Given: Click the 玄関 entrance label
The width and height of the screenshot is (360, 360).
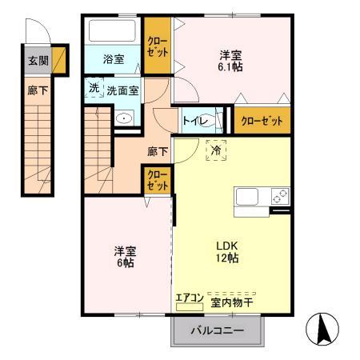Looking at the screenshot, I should (38, 60).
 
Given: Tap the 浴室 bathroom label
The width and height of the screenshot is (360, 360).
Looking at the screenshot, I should (113, 58).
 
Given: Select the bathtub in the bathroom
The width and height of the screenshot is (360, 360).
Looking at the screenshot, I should (114, 33).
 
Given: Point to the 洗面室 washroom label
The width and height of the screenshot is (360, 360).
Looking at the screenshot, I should (123, 90).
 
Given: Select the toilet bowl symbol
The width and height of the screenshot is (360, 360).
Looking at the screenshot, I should (214, 121).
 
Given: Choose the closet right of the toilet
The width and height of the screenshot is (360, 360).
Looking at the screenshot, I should (262, 122).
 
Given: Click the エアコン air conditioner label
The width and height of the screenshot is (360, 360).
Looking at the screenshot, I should (190, 301).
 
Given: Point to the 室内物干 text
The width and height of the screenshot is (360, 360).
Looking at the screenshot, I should (232, 302).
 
